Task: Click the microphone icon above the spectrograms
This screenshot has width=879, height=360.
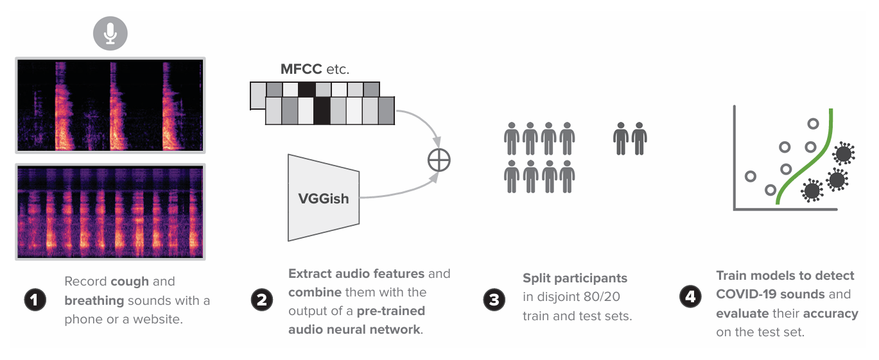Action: click(110, 33)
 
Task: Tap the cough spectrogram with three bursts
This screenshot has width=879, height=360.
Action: click(110, 106)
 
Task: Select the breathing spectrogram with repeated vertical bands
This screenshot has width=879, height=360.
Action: click(110, 212)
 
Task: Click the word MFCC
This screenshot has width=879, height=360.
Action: click(302, 69)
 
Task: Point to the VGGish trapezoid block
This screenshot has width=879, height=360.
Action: click(323, 198)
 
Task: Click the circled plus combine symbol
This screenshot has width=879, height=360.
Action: click(439, 160)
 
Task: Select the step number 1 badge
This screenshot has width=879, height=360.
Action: click(35, 300)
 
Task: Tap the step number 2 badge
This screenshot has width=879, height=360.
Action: click(262, 301)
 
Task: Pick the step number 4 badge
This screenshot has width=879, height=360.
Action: click(690, 296)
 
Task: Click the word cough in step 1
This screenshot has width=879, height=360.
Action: click(129, 282)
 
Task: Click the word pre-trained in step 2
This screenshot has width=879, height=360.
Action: click(391, 311)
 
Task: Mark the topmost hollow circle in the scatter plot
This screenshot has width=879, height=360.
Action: click(813, 124)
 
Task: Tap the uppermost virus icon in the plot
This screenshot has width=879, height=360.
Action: click(843, 154)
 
